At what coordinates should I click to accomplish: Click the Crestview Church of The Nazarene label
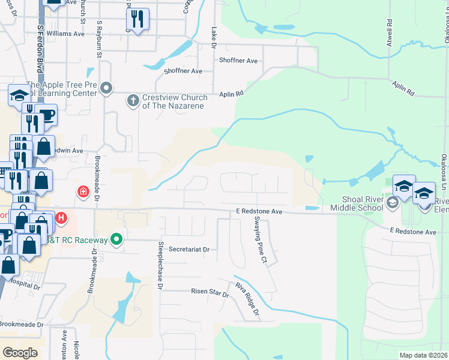pyautogui.click(x=174, y=101)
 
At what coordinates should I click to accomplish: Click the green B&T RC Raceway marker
pyautogui.click(x=118, y=241)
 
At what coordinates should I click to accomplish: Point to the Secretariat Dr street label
pyautogui.click(x=188, y=249)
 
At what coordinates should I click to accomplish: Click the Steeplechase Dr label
pyautogui.click(x=161, y=266)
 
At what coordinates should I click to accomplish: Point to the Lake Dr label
pyautogui.click(x=214, y=35)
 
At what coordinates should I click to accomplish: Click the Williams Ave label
pyautogui.click(x=65, y=34)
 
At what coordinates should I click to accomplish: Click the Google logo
pyautogui.click(x=20, y=352)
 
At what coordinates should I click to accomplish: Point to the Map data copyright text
pyautogui.click(x=423, y=355)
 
